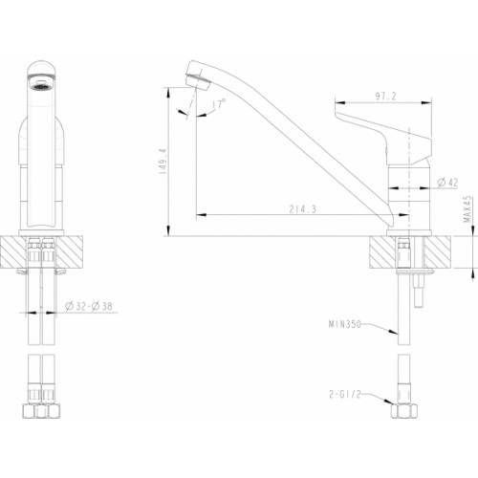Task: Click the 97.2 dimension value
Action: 385,96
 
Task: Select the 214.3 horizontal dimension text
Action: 302,209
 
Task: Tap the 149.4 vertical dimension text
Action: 163,161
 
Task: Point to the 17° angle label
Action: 219,103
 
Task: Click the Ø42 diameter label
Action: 447,183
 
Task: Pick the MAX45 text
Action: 467,209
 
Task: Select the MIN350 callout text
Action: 345,324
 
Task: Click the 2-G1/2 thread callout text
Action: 345,395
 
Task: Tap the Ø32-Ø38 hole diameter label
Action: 89,306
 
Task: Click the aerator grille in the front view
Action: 40,85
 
